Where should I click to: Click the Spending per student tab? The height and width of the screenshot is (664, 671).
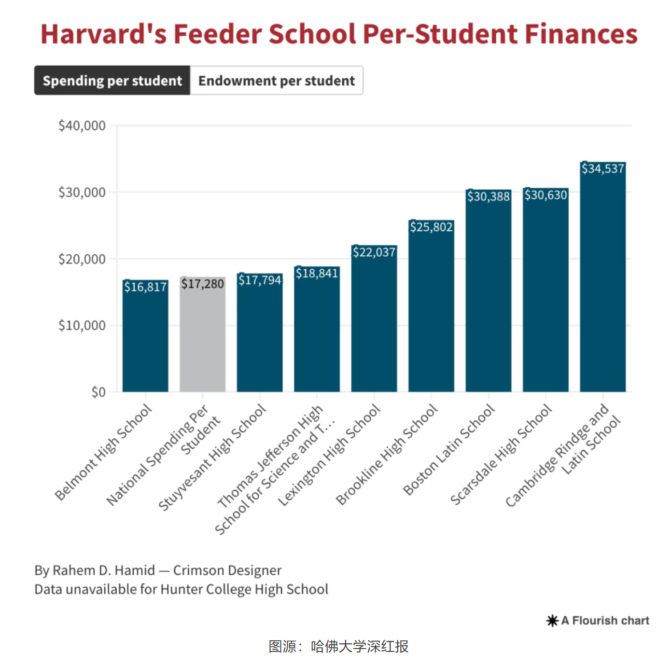pyautogui.click(x=112, y=81)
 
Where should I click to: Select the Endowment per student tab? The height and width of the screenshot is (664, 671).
pyautogui.click(x=277, y=81)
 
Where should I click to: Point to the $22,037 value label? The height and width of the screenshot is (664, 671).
pyautogui.click(x=374, y=252)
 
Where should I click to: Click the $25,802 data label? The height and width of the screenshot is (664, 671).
pyautogui.click(x=431, y=227)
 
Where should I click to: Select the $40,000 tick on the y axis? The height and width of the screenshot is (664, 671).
pyautogui.click(x=82, y=126)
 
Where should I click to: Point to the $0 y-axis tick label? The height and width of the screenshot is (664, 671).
pyautogui.click(x=98, y=392)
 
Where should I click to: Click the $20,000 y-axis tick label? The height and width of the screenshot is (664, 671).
pyautogui.click(x=82, y=259)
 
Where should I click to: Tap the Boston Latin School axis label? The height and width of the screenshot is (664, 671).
pyautogui.click(x=449, y=450)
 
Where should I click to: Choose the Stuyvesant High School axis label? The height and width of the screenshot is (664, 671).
pyautogui.click(x=212, y=457)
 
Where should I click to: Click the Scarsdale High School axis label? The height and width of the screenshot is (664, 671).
pyautogui.click(x=501, y=455)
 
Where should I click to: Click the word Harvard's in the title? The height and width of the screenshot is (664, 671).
pyautogui.click(x=103, y=34)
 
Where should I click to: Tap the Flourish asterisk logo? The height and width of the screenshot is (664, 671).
pyautogui.click(x=552, y=621)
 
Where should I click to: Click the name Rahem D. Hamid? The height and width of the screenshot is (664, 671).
pyautogui.click(x=103, y=570)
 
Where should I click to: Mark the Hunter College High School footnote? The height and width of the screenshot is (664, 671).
pyautogui.click(x=181, y=589)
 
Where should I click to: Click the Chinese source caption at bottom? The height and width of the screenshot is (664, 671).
pyautogui.click(x=338, y=646)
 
